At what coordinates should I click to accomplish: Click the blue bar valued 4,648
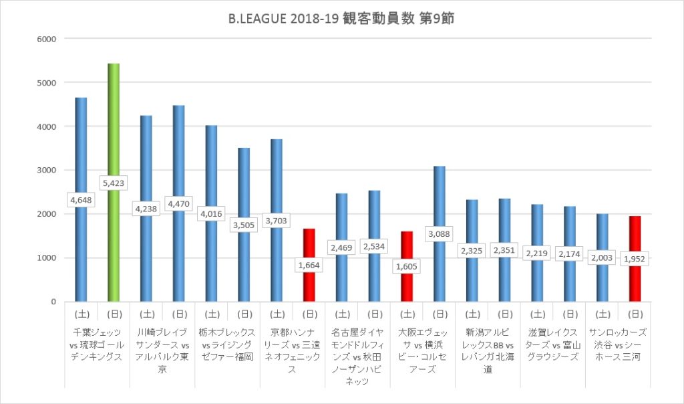(x=81, y=147)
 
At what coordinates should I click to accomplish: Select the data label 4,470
(x=178, y=203)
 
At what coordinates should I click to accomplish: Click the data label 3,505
(x=244, y=225)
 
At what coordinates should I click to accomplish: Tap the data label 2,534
(x=374, y=246)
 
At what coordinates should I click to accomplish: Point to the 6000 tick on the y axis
(x=47, y=39)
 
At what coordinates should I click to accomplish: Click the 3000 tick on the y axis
(x=47, y=170)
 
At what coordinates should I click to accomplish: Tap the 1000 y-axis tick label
(x=47, y=258)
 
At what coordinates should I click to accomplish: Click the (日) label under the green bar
(x=114, y=312)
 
